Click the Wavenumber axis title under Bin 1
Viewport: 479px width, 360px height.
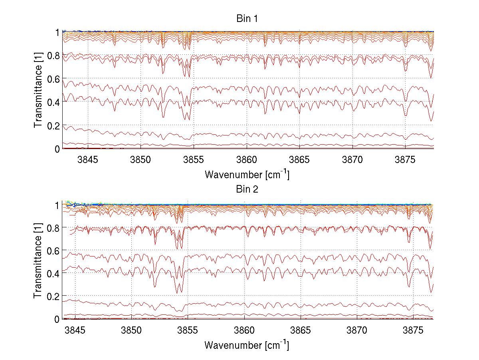(x=247, y=174)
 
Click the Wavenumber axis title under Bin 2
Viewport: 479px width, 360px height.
(x=247, y=344)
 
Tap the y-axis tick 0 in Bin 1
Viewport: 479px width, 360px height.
(x=57, y=149)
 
